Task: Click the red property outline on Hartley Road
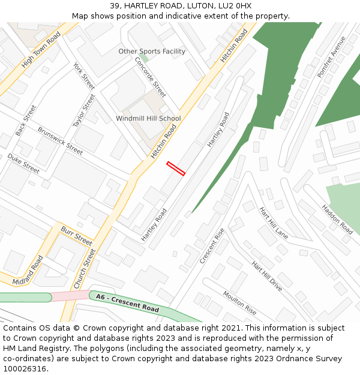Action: pos(176,169)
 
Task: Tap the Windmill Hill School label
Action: pos(148,119)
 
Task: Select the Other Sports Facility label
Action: pos(152,52)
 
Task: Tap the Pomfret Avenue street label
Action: pos(332,57)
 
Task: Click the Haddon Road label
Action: pos(337,219)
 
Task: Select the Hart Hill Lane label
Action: pos(274,223)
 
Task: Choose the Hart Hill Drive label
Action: pos(266,276)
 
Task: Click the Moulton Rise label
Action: pos(240,302)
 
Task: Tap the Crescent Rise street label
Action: pos(212,245)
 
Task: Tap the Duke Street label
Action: pos(23,164)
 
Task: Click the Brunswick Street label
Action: pos(60,140)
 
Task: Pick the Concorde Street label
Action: pos(150,77)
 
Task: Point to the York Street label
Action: pos(84,76)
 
